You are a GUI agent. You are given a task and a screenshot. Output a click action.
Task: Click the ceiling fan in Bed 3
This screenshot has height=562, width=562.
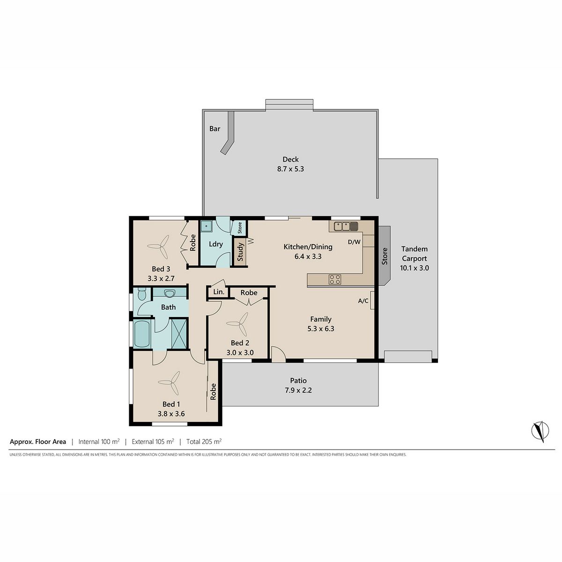click(158, 246)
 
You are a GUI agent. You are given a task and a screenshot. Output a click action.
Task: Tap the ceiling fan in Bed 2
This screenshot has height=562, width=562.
click(237, 324)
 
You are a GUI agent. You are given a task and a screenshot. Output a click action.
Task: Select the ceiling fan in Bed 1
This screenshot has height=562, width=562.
click(169, 382)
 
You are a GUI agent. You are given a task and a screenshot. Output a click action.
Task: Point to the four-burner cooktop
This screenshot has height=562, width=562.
click(335, 279)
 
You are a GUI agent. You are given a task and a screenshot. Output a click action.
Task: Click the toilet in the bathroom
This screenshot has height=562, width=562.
click(142, 294)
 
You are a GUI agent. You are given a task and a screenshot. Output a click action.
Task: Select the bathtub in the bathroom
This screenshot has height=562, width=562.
click(142, 333)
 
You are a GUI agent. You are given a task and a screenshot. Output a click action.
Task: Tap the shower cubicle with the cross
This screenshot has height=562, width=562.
click(179, 333)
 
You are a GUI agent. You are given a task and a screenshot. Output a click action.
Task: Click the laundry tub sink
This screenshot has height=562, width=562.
click(206, 226)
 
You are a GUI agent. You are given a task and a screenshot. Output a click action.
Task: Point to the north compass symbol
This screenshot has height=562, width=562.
click(540, 431)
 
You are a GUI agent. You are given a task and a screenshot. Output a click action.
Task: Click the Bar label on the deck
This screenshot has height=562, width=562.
click(214, 129)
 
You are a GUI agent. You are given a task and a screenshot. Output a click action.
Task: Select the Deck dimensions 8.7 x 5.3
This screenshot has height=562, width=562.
click(290, 169)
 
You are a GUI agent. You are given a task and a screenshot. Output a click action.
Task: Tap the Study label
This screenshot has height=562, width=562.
click(240, 252)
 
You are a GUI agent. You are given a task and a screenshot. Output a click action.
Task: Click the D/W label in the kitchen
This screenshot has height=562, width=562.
click(354, 242)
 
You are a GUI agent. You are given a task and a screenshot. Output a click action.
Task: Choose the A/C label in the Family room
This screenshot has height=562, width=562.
click(363, 301)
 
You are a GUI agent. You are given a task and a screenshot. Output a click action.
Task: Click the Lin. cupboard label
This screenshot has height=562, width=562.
click(219, 292)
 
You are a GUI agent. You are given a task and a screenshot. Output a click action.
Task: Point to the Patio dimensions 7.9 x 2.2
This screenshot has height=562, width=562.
click(298, 390)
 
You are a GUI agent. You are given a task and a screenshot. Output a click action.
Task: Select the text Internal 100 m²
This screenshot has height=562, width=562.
click(99, 441)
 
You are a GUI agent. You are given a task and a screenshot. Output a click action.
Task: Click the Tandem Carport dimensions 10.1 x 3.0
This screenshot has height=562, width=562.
click(414, 268)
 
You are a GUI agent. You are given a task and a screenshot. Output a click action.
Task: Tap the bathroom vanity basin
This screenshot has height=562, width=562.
click(169, 293)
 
